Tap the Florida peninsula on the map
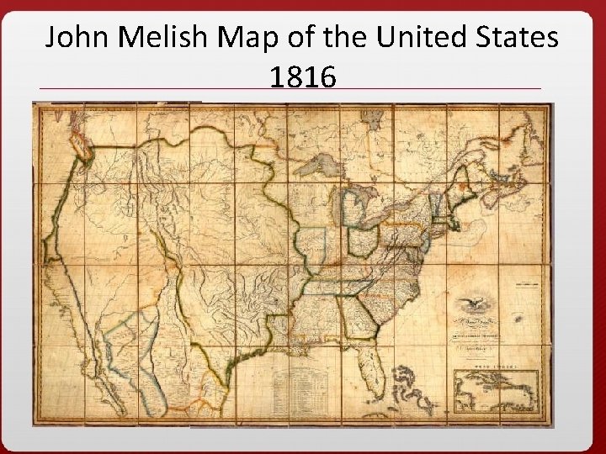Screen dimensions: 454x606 click(392, 348)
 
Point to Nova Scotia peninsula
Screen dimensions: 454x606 click(508, 190)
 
